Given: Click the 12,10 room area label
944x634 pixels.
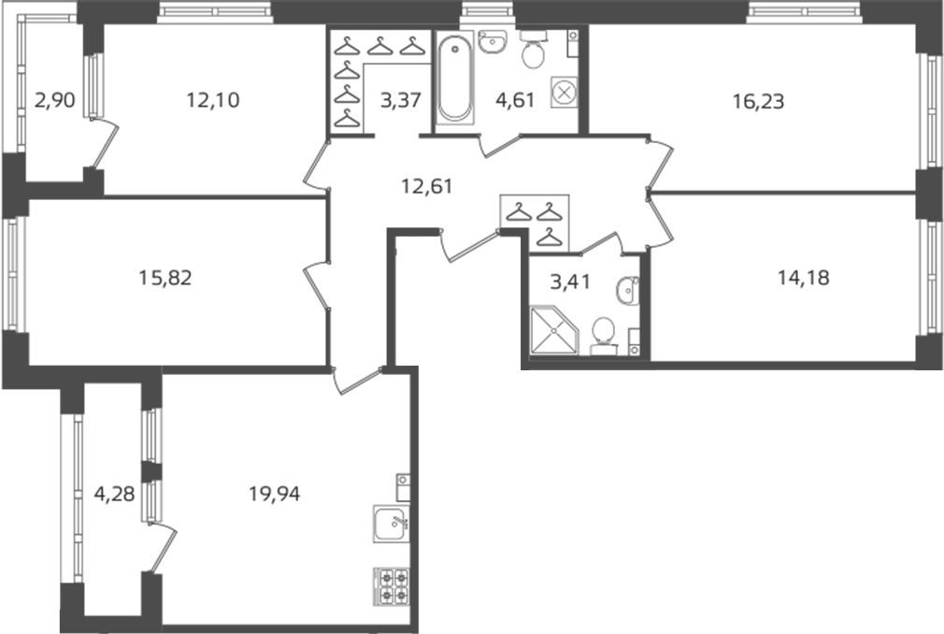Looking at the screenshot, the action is (x=213, y=100).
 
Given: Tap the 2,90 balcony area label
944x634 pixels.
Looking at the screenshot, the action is (x=55, y=100).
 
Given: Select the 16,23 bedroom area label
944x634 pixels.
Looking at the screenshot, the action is (x=759, y=102).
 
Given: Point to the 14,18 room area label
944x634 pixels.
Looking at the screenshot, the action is (x=803, y=278).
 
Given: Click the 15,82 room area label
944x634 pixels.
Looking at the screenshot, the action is (x=164, y=278).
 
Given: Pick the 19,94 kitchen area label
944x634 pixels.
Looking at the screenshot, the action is (x=275, y=495).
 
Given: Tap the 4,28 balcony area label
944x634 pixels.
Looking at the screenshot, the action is (x=114, y=495).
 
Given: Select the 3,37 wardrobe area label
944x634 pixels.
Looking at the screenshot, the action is (x=400, y=100).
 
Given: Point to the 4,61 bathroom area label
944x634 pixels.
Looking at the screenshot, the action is (x=515, y=100).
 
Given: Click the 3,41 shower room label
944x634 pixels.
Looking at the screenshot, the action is (x=571, y=281).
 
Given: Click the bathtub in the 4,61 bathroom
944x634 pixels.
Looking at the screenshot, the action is (x=454, y=78).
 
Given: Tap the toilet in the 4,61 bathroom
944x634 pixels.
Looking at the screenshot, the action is (x=533, y=50).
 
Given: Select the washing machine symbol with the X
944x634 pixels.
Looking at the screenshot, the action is (x=565, y=93).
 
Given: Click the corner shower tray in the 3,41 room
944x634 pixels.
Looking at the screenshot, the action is (x=553, y=330).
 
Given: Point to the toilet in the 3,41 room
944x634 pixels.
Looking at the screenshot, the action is (x=603, y=336).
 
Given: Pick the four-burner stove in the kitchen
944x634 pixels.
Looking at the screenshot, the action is (x=392, y=586).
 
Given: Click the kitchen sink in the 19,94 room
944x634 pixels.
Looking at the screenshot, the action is (x=392, y=524).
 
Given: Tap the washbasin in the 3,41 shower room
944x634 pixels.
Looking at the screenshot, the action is (x=627, y=292).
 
